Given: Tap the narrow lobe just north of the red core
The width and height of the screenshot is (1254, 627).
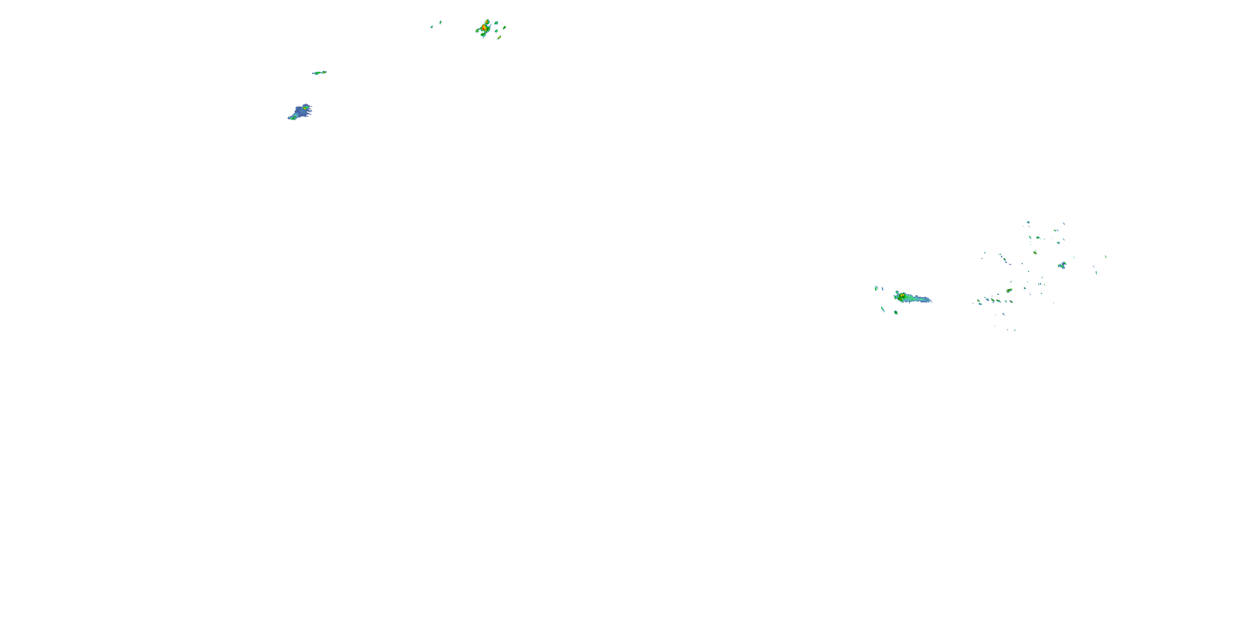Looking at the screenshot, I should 487,21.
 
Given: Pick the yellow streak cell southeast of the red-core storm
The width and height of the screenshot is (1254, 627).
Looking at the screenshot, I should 500,37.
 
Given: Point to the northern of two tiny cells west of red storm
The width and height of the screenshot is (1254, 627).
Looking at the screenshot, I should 441,22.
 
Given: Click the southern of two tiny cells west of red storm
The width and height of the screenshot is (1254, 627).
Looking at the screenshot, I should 432,27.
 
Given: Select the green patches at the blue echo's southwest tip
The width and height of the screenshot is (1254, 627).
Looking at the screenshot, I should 292,118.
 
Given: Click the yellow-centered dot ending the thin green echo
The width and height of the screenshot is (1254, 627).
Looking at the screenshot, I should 324,72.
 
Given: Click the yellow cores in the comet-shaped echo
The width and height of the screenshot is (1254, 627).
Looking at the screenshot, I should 902,296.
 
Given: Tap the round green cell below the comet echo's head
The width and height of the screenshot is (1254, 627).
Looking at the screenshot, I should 896,312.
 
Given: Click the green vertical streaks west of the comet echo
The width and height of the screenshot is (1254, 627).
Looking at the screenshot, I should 876,288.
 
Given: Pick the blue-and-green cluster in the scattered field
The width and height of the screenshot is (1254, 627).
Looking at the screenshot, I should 1062,265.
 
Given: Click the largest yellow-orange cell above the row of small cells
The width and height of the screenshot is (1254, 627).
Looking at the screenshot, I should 1009,291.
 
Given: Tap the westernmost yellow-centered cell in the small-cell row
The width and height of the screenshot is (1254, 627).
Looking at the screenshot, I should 979,302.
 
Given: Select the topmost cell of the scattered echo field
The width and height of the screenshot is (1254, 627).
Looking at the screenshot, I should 1028,222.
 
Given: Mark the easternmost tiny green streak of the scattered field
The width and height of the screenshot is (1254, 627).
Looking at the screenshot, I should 1106,256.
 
